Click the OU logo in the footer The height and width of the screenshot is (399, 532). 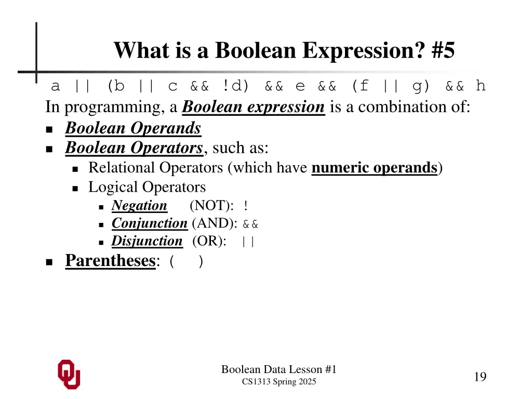(x=69, y=374)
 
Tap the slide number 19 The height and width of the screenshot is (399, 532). (x=480, y=377)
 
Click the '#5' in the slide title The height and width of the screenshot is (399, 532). (x=442, y=50)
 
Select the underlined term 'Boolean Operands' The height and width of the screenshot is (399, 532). (x=133, y=128)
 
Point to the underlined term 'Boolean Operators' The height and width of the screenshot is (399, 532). (x=134, y=148)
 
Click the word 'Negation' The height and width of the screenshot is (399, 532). (x=139, y=206)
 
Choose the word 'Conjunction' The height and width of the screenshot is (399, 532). (x=149, y=223)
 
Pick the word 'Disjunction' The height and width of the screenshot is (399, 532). (x=147, y=241)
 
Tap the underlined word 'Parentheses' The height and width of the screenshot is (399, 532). (x=110, y=260)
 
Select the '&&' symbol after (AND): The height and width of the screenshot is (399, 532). (x=250, y=224)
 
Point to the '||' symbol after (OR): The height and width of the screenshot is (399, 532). (x=248, y=242)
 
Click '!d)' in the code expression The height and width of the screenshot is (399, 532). (x=236, y=86)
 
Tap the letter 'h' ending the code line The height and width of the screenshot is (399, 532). (x=481, y=86)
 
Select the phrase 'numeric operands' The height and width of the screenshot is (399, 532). (x=374, y=168)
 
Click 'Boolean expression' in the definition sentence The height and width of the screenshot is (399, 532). (x=254, y=107)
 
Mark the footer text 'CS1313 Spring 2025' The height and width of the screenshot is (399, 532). (x=279, y=382)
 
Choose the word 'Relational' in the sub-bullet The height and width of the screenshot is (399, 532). (x=122, y=168)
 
